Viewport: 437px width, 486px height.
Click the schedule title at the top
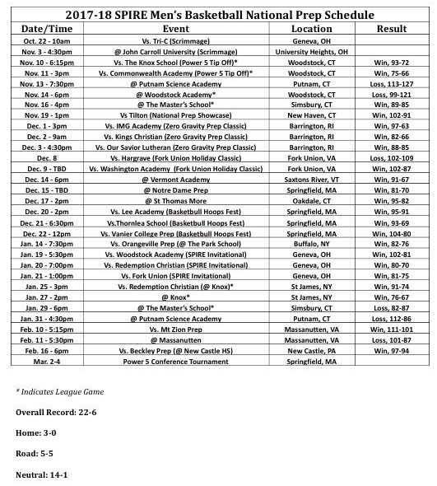(218, 14)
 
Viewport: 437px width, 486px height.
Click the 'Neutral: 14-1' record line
(43, 474)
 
